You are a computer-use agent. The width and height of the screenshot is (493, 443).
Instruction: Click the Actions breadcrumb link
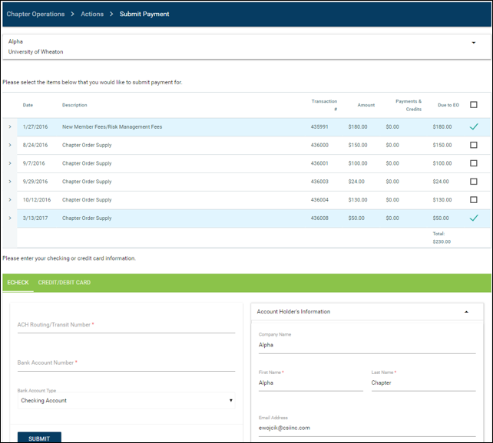tap(92, 14)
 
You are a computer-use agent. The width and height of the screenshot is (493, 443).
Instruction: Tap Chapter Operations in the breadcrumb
tap(35, 14)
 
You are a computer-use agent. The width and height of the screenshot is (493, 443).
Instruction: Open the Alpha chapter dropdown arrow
tap(474, 43)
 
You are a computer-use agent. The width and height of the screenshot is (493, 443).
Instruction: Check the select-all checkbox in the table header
tap(474, 105)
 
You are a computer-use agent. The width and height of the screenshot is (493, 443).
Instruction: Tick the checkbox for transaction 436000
tap(474, 145)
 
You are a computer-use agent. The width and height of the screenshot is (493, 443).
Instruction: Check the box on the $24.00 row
tap(474, 182)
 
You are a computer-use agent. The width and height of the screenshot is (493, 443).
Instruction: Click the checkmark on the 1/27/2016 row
tap(474, 126)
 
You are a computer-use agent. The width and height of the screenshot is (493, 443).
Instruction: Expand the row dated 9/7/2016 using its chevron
tap(10, 163)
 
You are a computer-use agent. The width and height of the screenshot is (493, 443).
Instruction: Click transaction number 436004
tap(319, 200)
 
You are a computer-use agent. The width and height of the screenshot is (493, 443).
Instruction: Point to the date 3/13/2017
tap(35, 218)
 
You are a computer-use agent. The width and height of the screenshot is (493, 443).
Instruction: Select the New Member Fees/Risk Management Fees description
tap(112, 126)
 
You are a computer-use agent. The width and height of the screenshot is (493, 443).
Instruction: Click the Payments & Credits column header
tap(409, 105)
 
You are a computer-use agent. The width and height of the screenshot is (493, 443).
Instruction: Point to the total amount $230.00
tap(442, 241)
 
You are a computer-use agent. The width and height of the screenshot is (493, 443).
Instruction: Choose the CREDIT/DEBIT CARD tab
tap(65, 282)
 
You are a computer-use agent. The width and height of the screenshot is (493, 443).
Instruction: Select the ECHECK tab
tap(18, 282)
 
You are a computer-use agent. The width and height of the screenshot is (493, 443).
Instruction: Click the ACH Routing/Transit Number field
tap(126, 325)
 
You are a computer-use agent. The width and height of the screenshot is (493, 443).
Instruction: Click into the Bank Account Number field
tap(126, 363)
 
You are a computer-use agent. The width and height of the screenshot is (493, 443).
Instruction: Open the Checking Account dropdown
tap(126, 401)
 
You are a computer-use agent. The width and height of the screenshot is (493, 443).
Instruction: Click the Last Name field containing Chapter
tap(424, 383)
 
